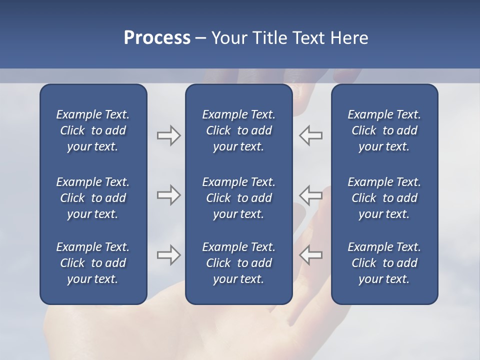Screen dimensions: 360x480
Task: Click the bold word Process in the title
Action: [157, 38]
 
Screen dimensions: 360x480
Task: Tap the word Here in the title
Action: [349, 38]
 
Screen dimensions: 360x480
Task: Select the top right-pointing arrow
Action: [168, 135]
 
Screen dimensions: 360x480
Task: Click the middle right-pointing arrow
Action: [168, 195]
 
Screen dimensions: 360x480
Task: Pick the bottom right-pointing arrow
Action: [168, 255]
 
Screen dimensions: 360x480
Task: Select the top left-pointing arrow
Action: [311, 135]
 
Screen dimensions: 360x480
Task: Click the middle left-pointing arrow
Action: [311, 195]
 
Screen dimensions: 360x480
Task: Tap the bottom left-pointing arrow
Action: [311, 255]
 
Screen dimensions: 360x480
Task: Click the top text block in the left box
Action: [93, 130]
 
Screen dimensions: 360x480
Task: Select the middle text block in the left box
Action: [93, 198]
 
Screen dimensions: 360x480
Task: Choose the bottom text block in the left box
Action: [93, 263]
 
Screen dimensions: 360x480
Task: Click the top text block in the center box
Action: [239, 130]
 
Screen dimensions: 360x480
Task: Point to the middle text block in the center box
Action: [239, 198]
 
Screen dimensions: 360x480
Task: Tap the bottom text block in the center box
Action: [239, 263]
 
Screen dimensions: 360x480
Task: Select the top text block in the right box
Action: [384, 130]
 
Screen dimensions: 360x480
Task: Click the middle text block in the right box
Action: [384, 198]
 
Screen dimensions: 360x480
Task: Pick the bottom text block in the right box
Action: [384, 263]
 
